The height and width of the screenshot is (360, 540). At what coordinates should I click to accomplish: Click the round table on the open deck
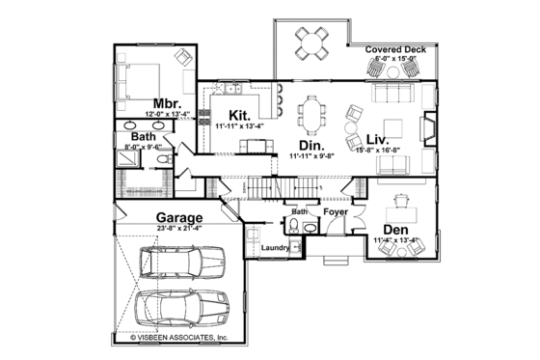click(x=310, y=40)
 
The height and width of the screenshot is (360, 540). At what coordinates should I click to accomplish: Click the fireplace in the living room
click(x=428, y=128)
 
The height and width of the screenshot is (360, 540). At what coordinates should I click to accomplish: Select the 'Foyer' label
click(x=336, y=209)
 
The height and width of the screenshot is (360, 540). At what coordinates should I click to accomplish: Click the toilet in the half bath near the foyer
click(x=292, y=226)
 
